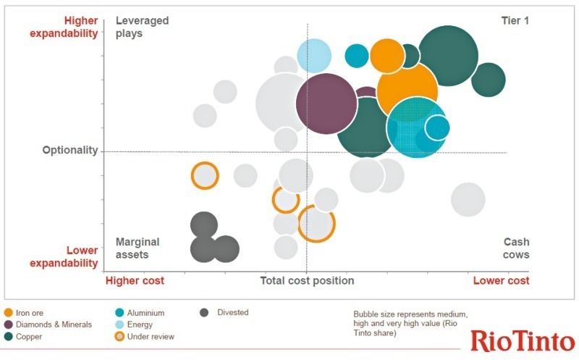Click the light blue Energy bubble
click(314, 55)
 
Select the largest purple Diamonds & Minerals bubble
click(326, 103)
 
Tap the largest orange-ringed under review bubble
click(316, 223)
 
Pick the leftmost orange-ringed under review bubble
click(205, 176)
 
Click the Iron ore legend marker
click(9, 313)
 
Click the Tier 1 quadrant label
click(515, 20)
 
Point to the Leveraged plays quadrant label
click(142, 27)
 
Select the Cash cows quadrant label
click(516, 248)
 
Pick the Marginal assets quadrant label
click(138, 248)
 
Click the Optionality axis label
click(69, 150)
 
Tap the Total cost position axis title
click(307, 280)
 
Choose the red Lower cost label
click(501, 280)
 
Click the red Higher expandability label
click(64, 27)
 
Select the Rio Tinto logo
click(523, 340)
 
